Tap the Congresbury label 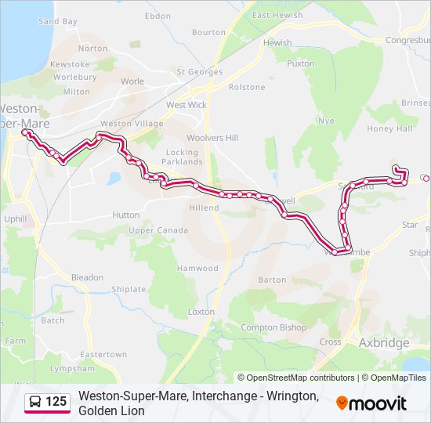[407, 40]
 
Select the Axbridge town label [383, 343]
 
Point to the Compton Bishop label [270, 327]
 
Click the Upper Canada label [158, 230]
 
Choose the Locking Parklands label [183, 157]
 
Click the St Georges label [200, 72]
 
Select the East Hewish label [277, 16]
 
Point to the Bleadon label [87, 277]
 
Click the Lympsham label [71, 368]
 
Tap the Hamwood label [197, 268]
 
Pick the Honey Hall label [389, 128]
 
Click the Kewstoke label [70, 63]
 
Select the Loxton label [201, 312]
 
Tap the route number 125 [56, 403]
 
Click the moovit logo [371, 403]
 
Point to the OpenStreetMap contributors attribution [296, 378]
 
